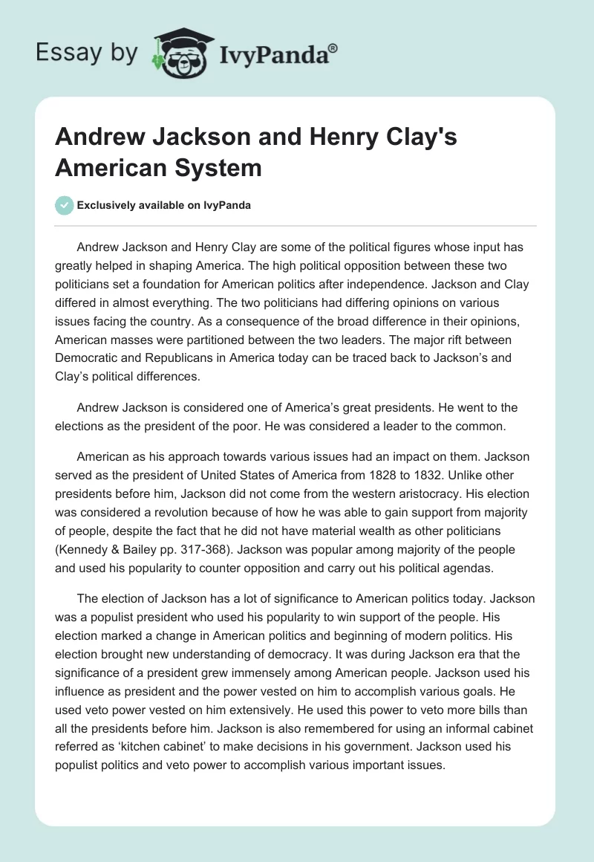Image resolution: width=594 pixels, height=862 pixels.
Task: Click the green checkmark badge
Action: click(x=65, y=205)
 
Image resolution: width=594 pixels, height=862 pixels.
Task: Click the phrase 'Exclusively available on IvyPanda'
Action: click(x=165, y=206)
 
